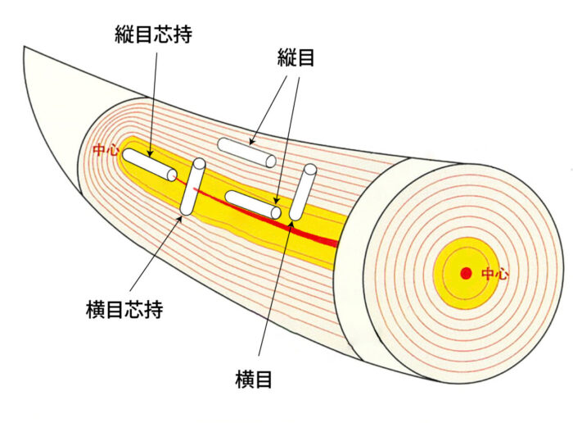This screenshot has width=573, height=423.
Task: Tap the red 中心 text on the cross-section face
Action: (x=494, y=274)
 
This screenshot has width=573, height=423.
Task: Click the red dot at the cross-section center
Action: (x=466, y=273)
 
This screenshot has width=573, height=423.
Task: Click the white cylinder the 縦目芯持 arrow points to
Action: (x=149, y=165)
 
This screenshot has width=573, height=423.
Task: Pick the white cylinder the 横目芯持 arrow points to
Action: (x=193, y=187)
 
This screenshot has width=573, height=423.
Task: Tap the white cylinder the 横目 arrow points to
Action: (x=302, y=193)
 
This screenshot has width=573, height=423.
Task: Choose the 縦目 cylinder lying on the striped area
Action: (x=246, y=152)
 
